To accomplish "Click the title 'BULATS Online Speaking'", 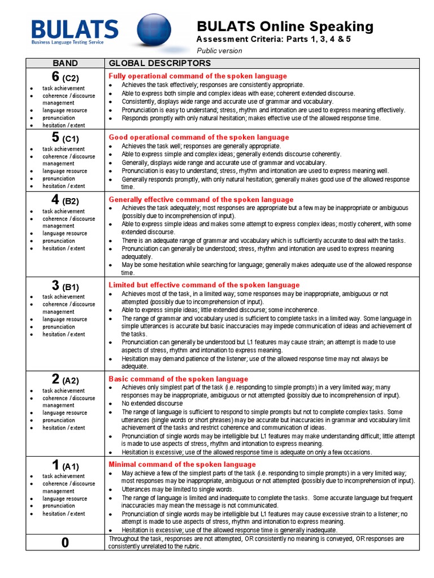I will pyautogui.click(x=285, y=26).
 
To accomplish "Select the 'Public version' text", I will pyautogui.click(x=219, y=51).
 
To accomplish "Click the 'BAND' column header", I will pyautogui.click(x=65, y=63).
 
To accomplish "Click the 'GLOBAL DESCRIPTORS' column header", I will pyautogui.click(x=160, y=63).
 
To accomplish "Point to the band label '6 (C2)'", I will pyautogui.click(x=65, y=76).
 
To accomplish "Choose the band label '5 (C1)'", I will pyautogui.click(x=65, y=138).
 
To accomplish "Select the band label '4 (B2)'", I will pyautogui.click(x=65, y=200).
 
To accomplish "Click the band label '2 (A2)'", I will pyautogui.click(x=65, y=379).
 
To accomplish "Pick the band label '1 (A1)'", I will pyautogui.click(x=65, y=465).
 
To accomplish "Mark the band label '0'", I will pyautogui.click(x=65, y=543).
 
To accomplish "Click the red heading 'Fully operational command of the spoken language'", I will pyautogui.click(x=198, y=76).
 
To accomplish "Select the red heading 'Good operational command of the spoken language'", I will pyautogui.click(x=198, y=138).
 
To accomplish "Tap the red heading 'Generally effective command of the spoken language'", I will pyautogui.click(x=201, y=200).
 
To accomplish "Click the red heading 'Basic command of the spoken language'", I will pyautogui.click(x=178, y=379).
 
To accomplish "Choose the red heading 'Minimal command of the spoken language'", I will pyautogui.click(x=182, y=465).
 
